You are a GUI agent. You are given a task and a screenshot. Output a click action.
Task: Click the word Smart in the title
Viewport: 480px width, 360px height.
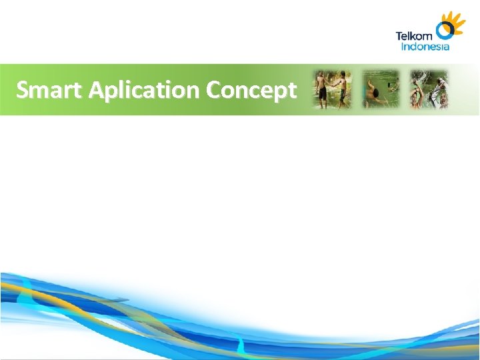click(x=51, y=89)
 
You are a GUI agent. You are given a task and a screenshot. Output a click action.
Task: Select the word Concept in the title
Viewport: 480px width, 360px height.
click(x=251, y=89)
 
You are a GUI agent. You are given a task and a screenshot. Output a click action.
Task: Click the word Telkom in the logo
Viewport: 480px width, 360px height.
click(x=414, y=36)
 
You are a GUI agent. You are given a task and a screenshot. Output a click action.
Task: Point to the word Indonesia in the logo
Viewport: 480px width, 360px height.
click(x=425, y=47)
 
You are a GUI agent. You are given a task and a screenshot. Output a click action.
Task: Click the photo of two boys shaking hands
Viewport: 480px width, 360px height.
click(x=332, y=89)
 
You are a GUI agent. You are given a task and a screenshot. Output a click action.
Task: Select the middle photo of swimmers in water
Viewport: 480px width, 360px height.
click(x=380, y=89)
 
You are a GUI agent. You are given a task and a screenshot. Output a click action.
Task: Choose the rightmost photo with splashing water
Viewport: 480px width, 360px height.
click(x=429, y=89)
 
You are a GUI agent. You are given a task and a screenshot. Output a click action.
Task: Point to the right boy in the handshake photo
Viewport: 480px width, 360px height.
click(x=341, y=90)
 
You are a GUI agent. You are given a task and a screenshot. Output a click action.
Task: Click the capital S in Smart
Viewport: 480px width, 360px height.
click(x=23, y=89)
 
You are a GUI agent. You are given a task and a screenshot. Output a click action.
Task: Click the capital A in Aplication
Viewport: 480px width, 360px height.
click(x=96, y=89)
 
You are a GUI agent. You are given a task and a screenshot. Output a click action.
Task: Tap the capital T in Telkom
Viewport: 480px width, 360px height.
click(x=399, y=36)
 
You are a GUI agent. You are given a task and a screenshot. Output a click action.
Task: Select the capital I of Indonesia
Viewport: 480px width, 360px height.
click(x=403, y=47)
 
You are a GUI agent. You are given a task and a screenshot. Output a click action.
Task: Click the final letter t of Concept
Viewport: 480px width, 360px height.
click(x=291, y=89)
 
